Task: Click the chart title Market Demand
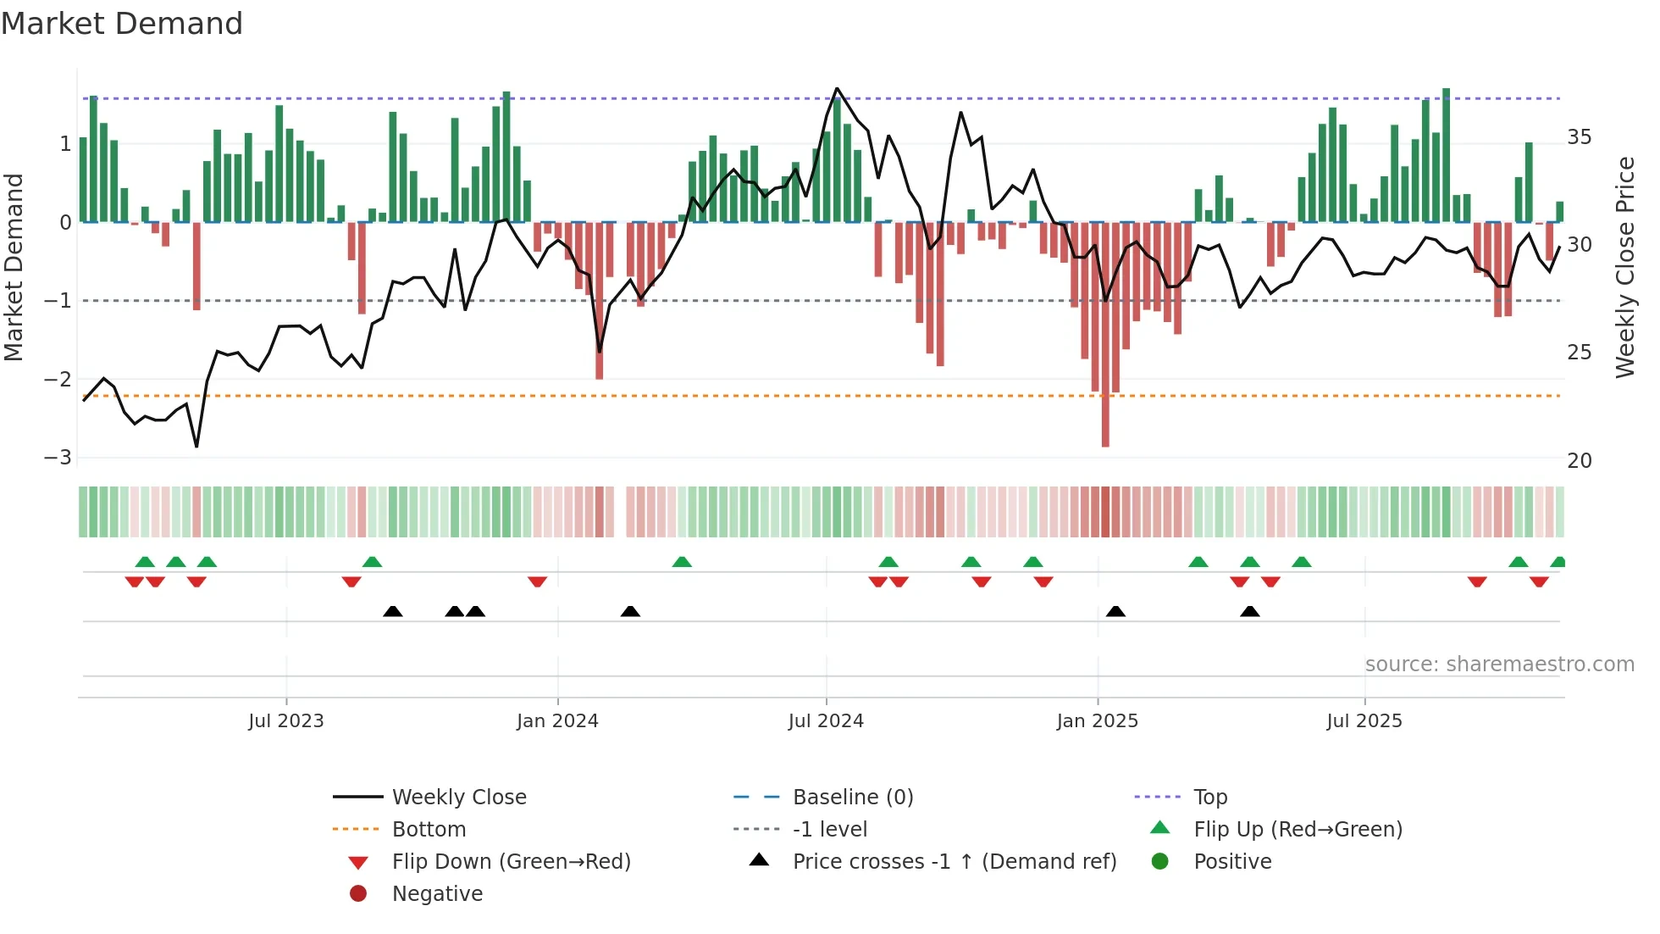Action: tap(122, 24)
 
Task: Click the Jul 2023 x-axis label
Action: tap(285, 720)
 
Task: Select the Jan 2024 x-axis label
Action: tap(557, 720)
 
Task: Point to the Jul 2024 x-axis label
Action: tap(826, 720)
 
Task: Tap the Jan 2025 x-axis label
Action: tap(1098, 720)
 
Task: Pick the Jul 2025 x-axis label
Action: tap(1364, 720)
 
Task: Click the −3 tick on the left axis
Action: tap(58, 458)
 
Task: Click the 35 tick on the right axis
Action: tap(1580, 137)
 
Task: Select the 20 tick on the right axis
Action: tap(1580, 460)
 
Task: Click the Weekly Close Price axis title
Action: tap(1624, 267)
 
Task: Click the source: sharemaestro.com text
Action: tap(1499, 664)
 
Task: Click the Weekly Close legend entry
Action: tap(459, 797)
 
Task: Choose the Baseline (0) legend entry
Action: tap(853, 797)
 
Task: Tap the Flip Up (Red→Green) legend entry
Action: tap(1298, 829)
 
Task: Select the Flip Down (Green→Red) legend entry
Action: tap(511, 861)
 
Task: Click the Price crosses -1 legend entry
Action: tap(955, 861)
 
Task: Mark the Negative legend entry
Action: tap(437, 893)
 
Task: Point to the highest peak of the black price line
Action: tap(837, 88)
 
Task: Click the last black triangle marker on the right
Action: tap(1250, 611)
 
